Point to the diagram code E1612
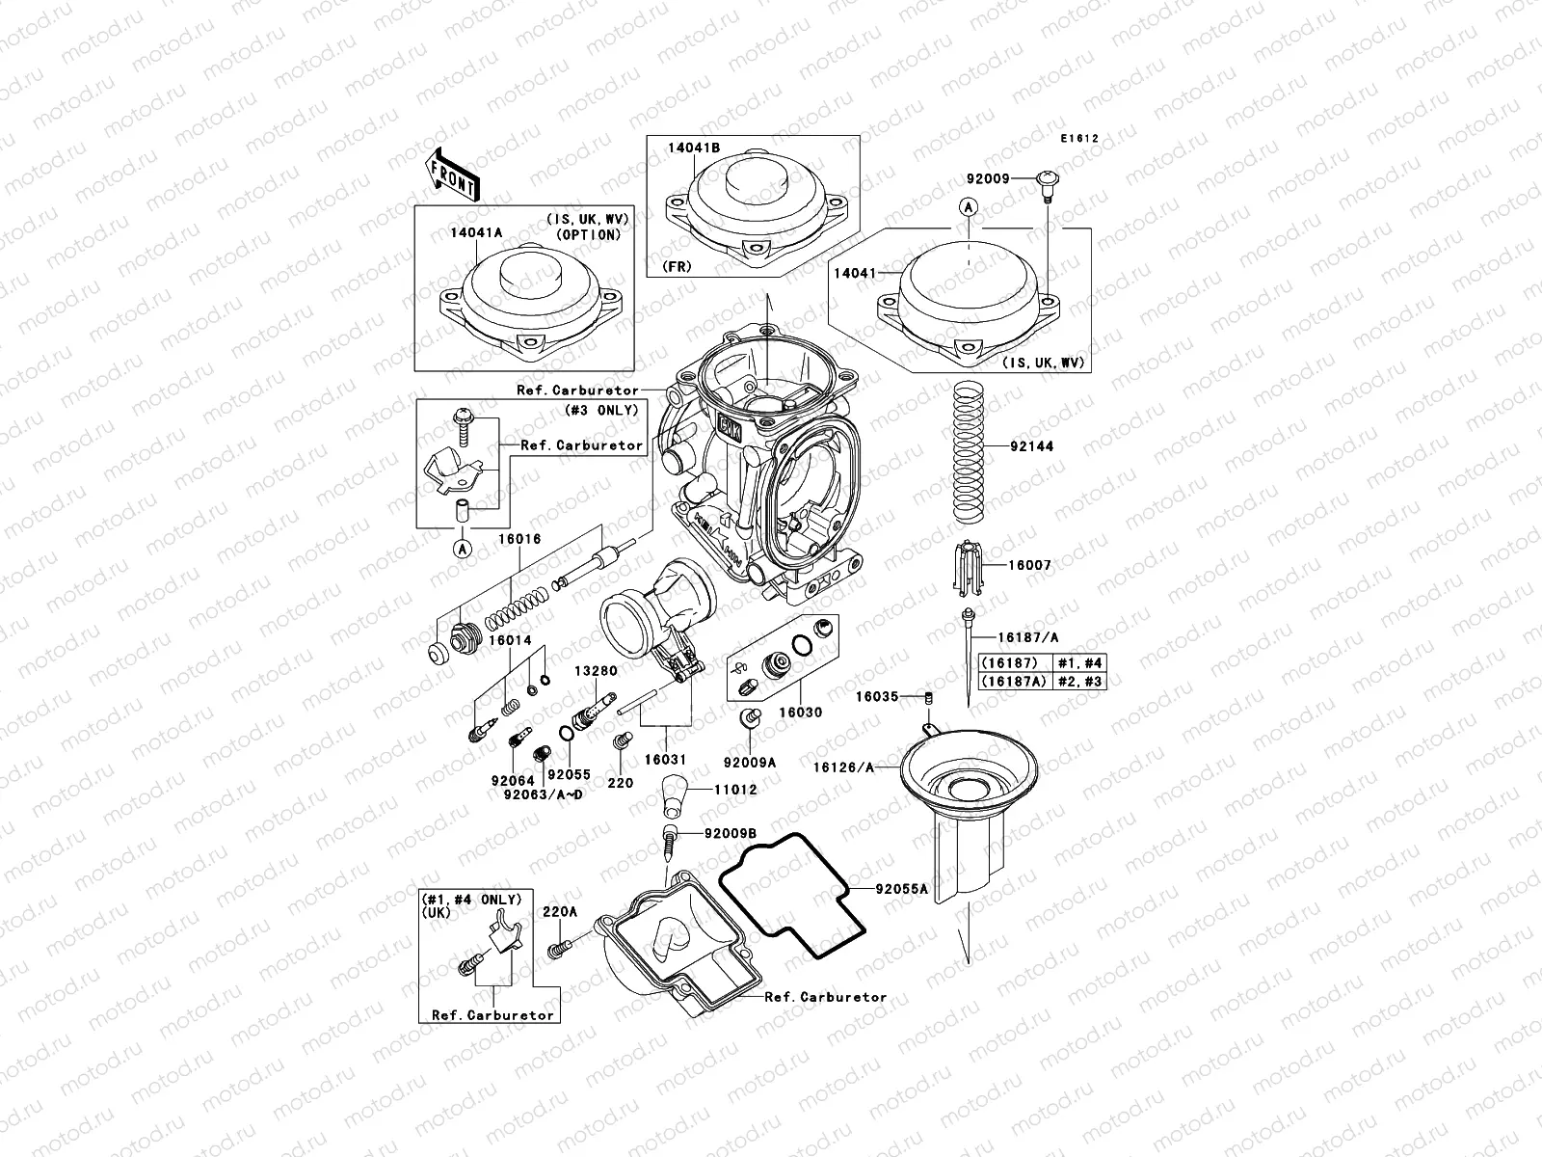1079,139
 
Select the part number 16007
1029,566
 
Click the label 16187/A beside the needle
1027,637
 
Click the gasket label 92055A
901,889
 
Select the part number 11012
735,789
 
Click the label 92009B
731,833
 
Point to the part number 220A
560,911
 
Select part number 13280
597,670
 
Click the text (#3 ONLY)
603,409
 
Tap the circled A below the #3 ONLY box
463,550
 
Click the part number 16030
800,712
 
